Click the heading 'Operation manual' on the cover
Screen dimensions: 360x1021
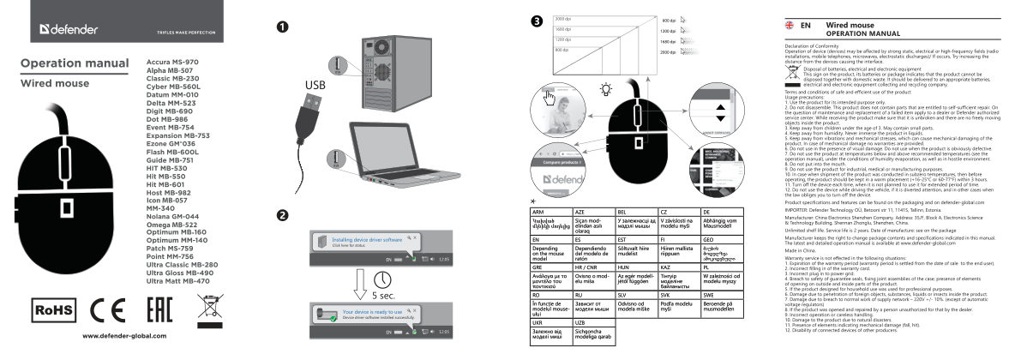coord(74,63)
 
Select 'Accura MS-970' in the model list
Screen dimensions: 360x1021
coord(172,63)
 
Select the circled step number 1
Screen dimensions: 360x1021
coord(282,25)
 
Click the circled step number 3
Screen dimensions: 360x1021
coord(536,21)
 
